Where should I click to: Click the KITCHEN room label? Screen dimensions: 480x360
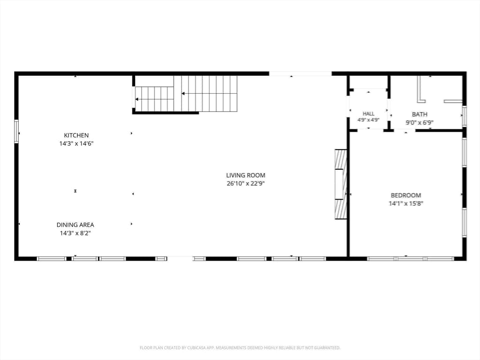click(76, 135)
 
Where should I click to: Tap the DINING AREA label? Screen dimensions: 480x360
click(75, 225)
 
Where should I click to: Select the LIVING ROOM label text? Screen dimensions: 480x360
click(246, 175)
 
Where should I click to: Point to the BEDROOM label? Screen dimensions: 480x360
click(406, 195)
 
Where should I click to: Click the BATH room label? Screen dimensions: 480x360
click(420, 114)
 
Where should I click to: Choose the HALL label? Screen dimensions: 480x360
click(368, 113)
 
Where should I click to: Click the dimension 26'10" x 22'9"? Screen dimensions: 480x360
click(246, 184)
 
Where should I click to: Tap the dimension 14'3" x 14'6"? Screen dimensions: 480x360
click(76, 143)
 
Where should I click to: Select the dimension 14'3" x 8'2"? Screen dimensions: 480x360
click(75, 233)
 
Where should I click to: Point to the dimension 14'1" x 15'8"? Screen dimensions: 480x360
click(406, 203)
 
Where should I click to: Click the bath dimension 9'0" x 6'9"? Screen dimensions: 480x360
click(420, 123)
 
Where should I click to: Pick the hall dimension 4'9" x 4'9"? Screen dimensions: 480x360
click(368, 120)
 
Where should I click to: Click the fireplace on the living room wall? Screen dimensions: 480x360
click(341, 184)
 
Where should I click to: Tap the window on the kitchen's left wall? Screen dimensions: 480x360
click(16, 131)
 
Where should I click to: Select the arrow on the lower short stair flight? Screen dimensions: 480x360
click(154, 99)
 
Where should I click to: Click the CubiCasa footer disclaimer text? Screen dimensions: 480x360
click(240, 348)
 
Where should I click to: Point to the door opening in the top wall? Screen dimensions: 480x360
click(300, 74)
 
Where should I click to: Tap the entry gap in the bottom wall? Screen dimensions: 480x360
click(180, 259)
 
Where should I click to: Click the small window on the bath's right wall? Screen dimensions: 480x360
click(465, 116)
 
